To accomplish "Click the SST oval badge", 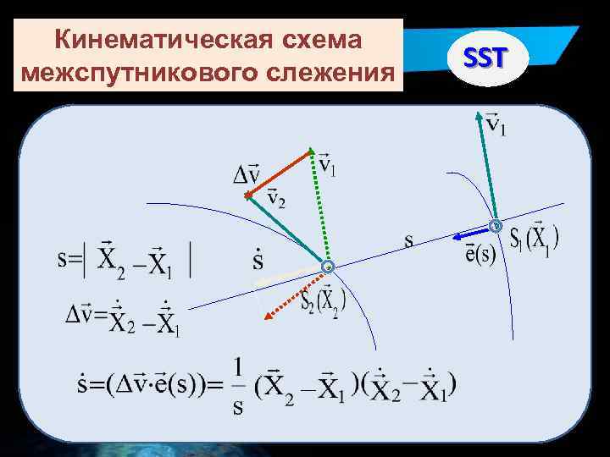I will coord(485,58).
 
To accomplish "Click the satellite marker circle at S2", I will coord(328,267).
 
